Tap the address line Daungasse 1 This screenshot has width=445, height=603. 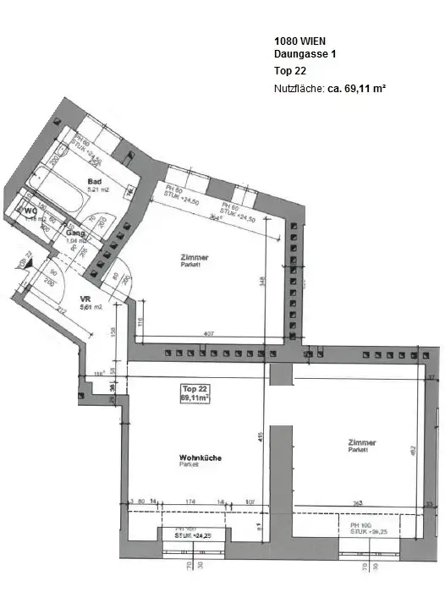[305, 53]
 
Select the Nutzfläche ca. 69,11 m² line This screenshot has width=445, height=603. [330, 88]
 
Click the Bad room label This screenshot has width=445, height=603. [96, 180]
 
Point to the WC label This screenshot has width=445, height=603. [30, 211]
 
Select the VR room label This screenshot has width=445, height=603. [85, 299]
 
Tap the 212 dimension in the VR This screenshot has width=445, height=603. [62, 310]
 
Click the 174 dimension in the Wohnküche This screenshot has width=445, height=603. [190, 502]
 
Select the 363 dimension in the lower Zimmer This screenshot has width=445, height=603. [358, 503]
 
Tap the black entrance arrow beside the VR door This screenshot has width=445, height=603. [23, 265]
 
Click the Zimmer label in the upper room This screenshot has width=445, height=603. [194, 257]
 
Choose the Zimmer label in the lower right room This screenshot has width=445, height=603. [362, 442]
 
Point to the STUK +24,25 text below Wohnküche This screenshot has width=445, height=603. [193, 535]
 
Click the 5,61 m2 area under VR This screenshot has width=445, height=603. [90, 308]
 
